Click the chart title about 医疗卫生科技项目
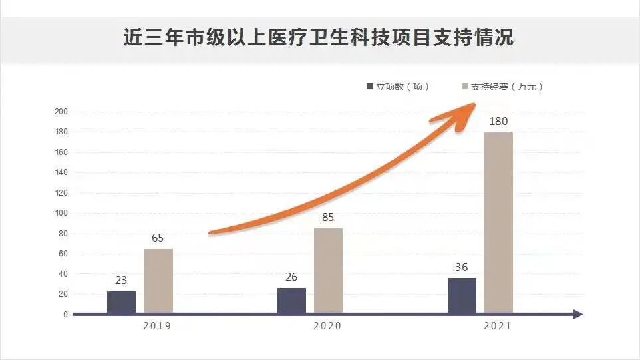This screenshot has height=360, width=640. [x=319, y=37]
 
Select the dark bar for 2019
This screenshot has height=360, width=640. [x=121, y=302]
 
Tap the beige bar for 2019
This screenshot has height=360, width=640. [x=158, y=281]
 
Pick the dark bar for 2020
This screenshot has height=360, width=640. [x=291, y=301]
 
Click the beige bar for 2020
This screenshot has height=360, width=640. [x=328, y=271]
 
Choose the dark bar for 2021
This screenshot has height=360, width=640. [x=462, y=295]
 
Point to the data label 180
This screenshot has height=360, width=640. [x=498, y=122]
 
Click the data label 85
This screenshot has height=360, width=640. [x=328, y=218]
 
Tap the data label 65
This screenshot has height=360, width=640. [x=158, y=238]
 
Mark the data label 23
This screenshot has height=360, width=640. [x=121, y=281]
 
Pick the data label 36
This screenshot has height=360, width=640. [x=462, y=268]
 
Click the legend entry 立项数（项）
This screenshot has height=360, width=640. [x=398, y=87]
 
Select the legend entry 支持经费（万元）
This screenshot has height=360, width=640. [x=502, y=87]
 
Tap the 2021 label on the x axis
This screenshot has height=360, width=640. [x=497, y=326]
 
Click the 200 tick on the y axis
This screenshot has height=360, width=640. [x=61, y=112]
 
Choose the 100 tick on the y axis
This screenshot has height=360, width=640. [x=61, y=214]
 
